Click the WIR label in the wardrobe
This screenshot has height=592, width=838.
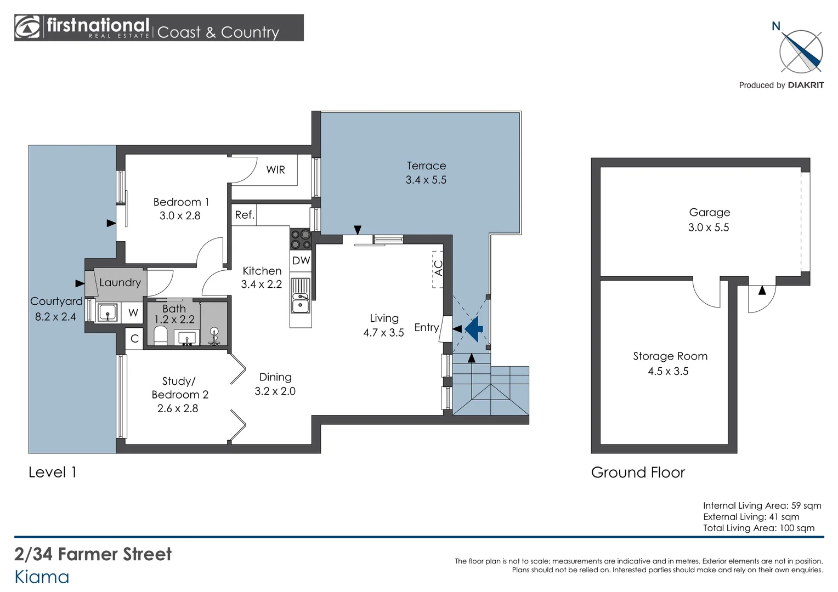tap(275, 170)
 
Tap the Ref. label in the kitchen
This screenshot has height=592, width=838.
tap(245, 215)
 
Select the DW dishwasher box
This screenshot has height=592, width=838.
tap(301, 261)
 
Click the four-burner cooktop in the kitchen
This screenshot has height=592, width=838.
tap(301, 239)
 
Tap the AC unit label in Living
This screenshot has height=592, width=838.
tap(438, 269)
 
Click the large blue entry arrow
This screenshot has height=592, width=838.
tap(474, 329)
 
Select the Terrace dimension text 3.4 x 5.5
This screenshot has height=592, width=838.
tap(426, 180)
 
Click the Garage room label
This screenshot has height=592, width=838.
tap(709, 213)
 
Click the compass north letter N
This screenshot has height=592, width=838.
tap(775, 26)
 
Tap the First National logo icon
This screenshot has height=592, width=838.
tap(28, 27)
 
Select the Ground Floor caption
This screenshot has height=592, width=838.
tap(638, 473)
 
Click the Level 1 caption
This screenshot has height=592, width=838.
tap(52, 473)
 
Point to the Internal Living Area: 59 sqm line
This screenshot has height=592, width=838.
tap(762, 505)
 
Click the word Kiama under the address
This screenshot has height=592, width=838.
tap(42, 577)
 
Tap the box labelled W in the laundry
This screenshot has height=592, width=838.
tap(133, 313)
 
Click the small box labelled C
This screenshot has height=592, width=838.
tap(134, 339)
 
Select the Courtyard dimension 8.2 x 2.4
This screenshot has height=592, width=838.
tap(55, 316)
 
